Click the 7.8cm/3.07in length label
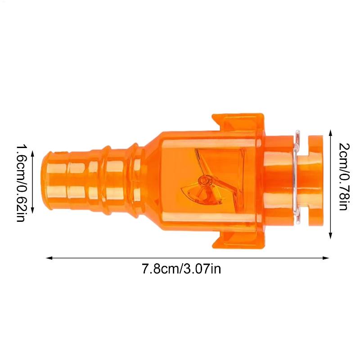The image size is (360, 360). (x=181, y=269)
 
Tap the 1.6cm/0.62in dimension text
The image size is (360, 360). (x=21, y=183)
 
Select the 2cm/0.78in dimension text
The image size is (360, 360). (x=345, y=176)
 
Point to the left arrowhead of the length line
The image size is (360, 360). (x=49, y=258)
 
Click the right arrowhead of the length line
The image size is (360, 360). (x=326, y=258)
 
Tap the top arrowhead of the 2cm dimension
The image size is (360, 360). (x=331, y=133)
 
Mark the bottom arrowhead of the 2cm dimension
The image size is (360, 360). (x=331, y=235)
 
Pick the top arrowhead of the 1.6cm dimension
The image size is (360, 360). (x=32, y=154)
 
